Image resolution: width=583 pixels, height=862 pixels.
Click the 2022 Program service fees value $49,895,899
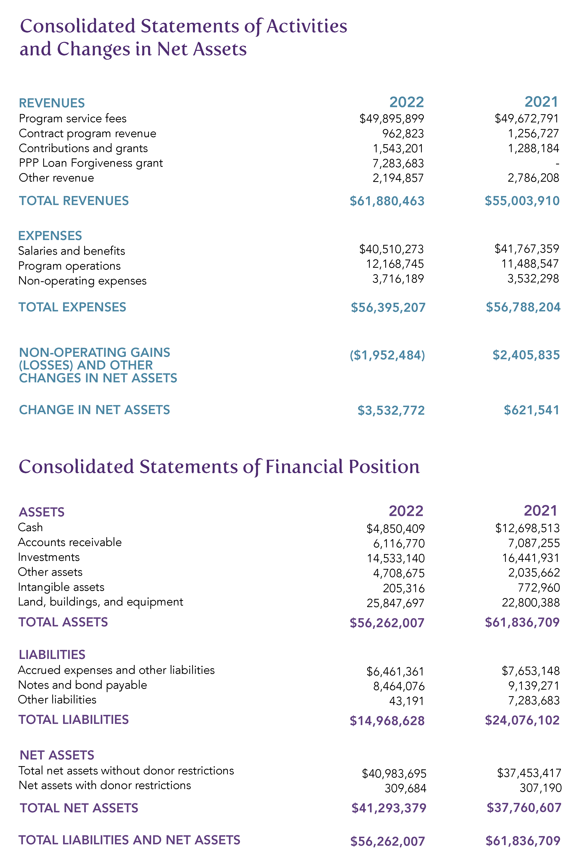coord(392,119)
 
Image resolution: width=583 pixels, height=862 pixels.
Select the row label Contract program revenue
coord(88,133)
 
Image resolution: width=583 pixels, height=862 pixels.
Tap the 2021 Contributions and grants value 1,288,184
coord(533,148)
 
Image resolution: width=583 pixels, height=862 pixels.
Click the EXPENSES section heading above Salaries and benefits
coord(50,236)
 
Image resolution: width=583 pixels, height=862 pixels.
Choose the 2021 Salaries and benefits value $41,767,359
coord(527,249)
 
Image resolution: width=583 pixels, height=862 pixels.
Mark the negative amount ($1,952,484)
coord(387,355)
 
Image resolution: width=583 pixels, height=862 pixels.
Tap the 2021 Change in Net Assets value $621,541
coord(531,410)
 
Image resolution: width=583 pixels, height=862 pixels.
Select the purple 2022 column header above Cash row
coord(406,511)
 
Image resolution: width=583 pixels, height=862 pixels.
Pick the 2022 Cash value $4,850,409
coord(395,528)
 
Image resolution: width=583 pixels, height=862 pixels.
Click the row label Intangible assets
coord(61,587)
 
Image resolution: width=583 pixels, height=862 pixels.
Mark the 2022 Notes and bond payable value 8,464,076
coord(399,687)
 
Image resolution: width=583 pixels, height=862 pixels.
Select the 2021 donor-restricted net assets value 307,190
coord(540,788)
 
